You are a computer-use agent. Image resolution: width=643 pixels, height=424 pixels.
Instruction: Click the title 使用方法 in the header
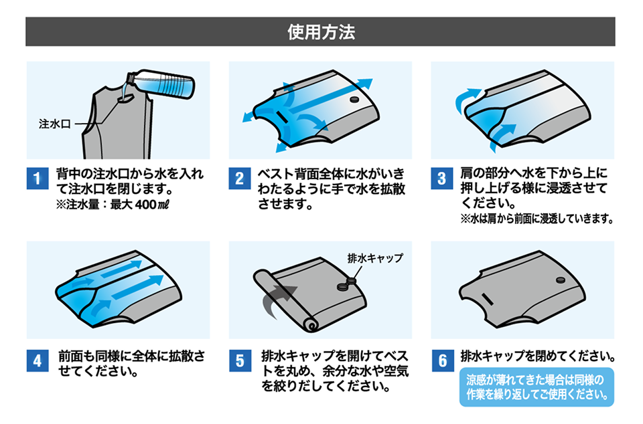coord(321,31)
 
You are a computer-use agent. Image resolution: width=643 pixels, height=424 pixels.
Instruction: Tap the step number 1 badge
coord(38,179)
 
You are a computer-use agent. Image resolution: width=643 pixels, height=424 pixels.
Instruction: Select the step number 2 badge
coord(239,179)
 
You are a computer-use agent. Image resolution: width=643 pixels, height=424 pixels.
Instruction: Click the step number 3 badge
coord(441,179)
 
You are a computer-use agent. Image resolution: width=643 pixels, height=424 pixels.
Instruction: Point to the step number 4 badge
coord(38,361)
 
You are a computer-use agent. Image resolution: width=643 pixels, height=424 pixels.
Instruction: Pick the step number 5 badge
coord(239,361)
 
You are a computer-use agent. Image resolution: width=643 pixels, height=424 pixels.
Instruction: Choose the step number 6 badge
coord(441,361)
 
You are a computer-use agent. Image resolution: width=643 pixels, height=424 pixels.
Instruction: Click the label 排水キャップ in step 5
coord(376,257)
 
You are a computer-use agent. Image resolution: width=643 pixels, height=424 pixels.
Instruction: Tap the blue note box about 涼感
coord(536,387)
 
